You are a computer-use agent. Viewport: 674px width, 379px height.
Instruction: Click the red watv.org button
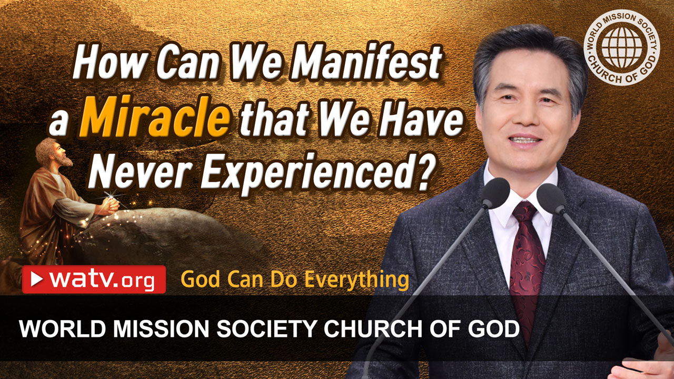[x=94, y=280]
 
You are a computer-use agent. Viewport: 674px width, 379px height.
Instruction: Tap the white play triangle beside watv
[x=37, y=280]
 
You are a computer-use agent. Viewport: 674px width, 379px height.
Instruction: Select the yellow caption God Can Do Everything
[x=294, y=280]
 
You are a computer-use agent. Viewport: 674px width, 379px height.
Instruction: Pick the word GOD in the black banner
[x=495, y=330]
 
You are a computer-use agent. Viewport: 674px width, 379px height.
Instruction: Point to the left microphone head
[x=495, y=193]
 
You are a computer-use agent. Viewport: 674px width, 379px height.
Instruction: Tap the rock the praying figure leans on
[x=158, y=232]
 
